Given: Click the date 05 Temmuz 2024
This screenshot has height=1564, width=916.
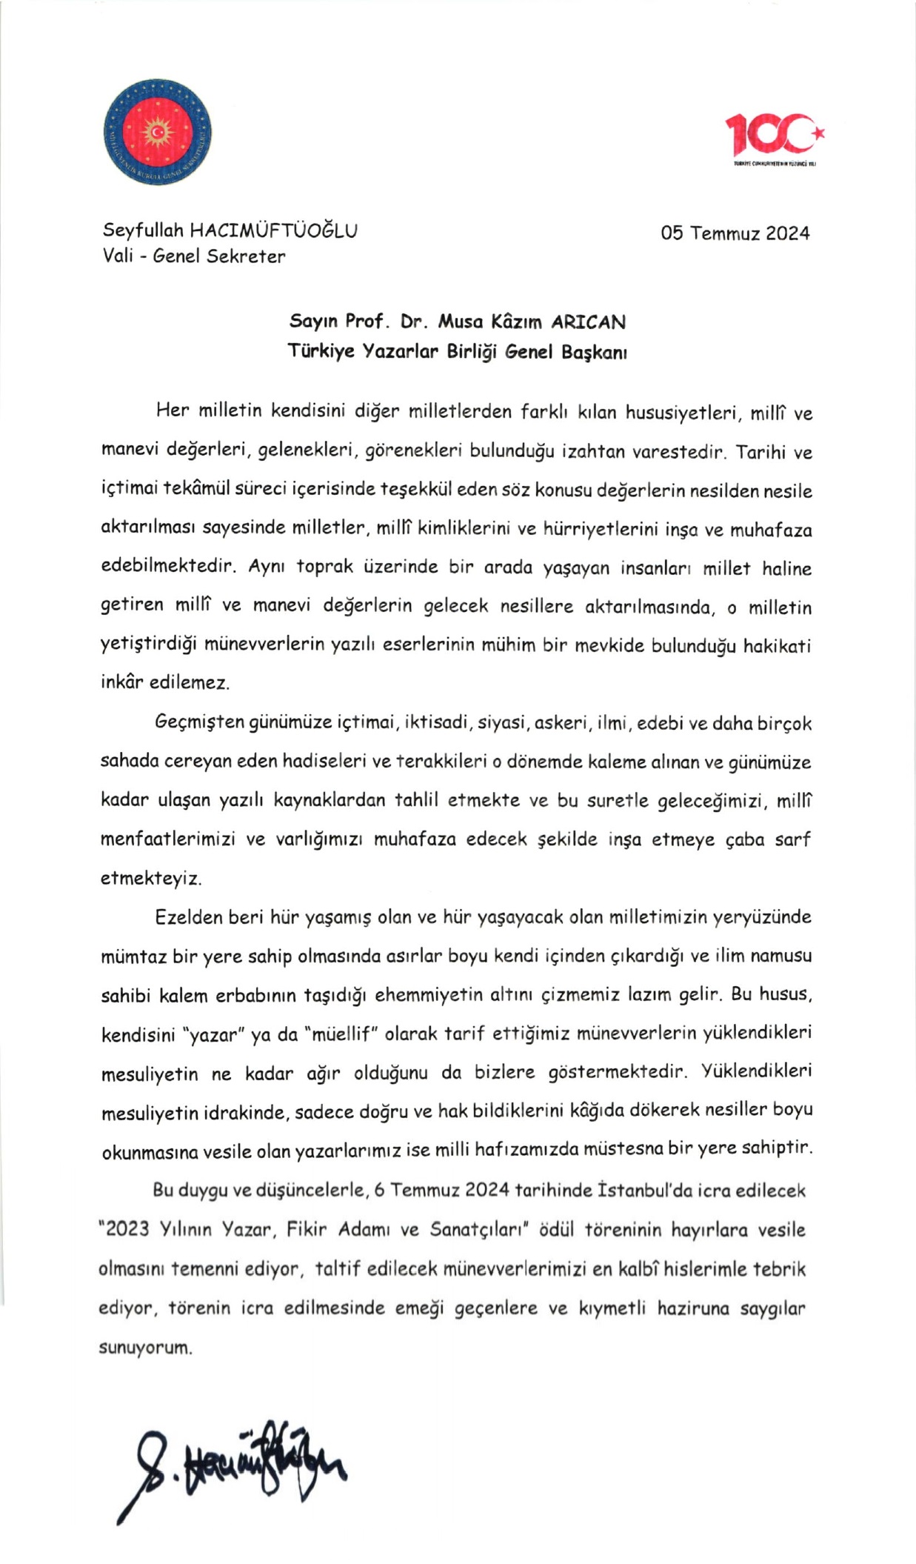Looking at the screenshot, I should [735, 233].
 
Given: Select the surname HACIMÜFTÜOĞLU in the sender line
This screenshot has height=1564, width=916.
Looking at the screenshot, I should [273, 230].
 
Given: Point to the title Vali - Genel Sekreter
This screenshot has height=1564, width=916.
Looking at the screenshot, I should [194, 256].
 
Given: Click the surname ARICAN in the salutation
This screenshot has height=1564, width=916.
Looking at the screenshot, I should [588, 322].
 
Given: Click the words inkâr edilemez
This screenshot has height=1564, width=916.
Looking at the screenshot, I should [165, 682].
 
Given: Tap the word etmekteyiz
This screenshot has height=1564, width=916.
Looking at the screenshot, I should [151, 879].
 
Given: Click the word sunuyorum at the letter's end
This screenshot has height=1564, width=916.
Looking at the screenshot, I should [145, 1347].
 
